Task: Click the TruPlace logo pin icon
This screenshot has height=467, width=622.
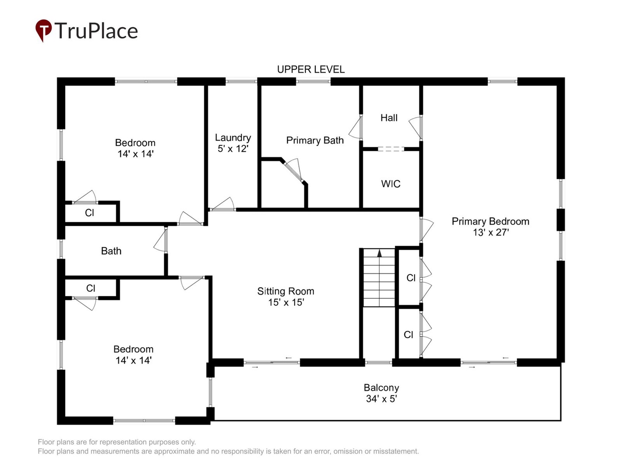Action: [43, 30]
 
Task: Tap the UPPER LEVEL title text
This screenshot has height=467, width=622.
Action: [311, 69]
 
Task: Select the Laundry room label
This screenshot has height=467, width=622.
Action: [233, 138]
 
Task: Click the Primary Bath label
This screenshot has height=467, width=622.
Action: [315, 140]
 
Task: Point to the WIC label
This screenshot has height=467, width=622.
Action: [390, 184]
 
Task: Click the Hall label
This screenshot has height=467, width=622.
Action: [389, 118]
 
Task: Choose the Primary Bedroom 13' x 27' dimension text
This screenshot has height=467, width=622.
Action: [491, 232]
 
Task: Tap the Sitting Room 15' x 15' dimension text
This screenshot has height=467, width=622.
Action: [286, 302]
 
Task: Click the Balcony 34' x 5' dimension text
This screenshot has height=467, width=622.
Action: [381, 399]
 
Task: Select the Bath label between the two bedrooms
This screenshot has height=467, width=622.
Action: [111, 251]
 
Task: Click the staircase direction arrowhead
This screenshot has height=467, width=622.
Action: [379, 253]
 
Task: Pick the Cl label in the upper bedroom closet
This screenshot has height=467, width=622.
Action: [89, 213]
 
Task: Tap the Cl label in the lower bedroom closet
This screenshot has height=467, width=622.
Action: [90, 288]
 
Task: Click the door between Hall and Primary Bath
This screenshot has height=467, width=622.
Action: [357, 128]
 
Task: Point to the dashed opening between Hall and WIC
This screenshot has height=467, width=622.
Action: [391, 149]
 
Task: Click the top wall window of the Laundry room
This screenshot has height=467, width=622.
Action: [241, 81]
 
